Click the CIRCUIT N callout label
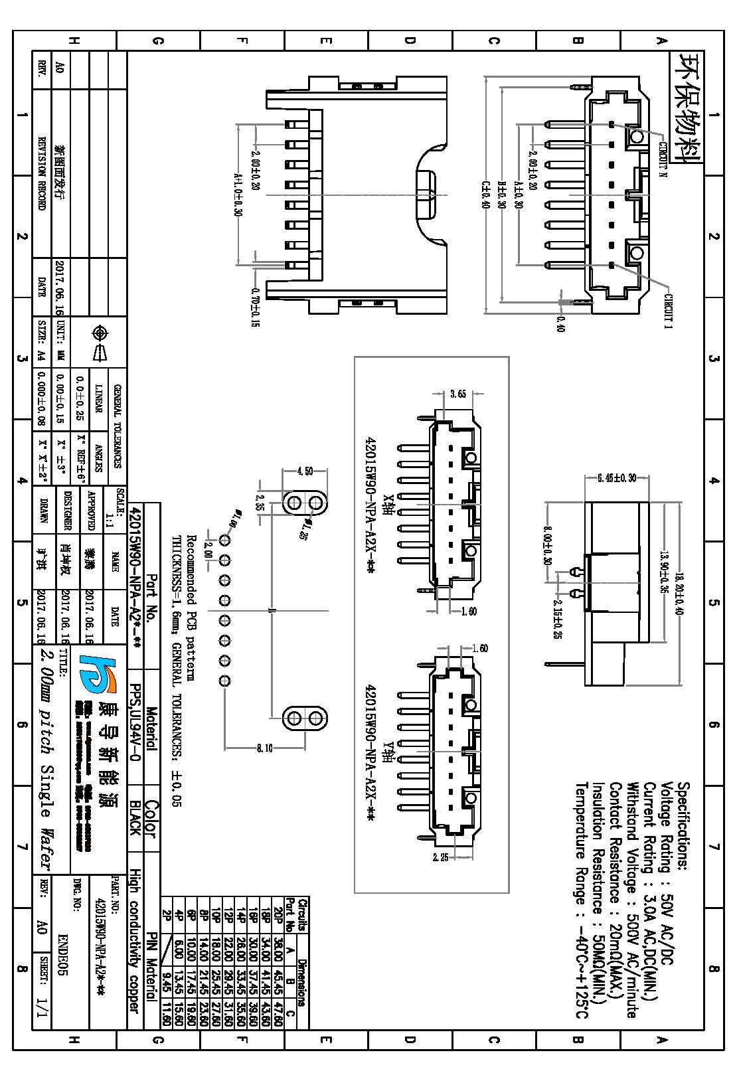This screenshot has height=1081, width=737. (661, 159)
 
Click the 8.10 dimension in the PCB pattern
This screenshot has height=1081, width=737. (264, 749)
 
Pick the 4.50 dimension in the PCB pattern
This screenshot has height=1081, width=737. (305, 471)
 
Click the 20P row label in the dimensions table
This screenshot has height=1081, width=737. (278, 915)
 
